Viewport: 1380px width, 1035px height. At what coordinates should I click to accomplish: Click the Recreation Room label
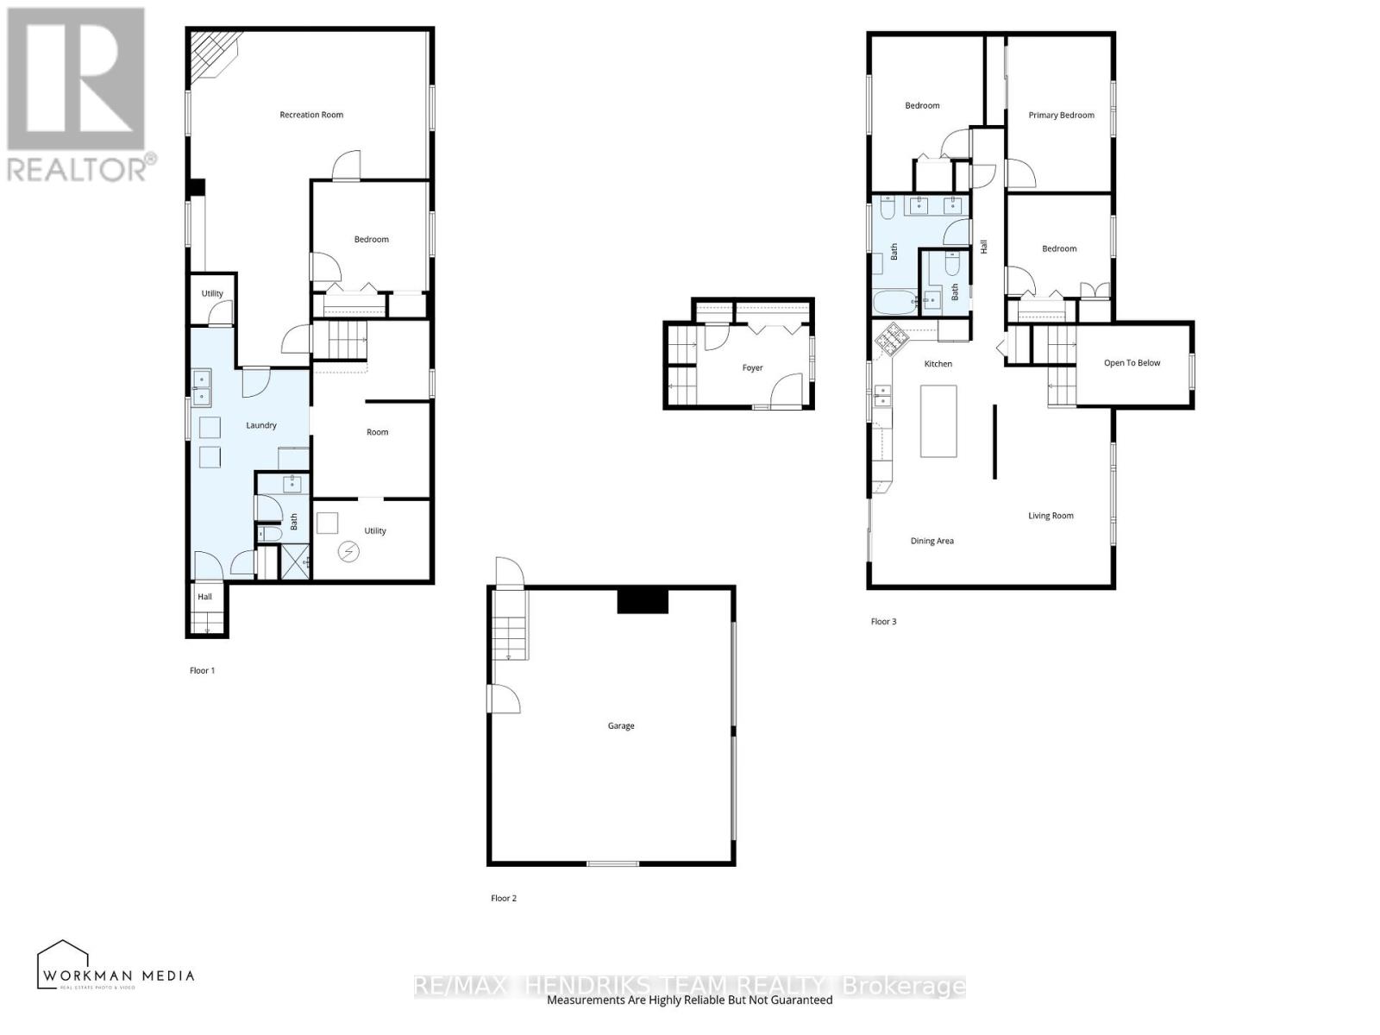point(311,115)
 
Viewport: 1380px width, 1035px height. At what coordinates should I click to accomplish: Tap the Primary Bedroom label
point(1061,115)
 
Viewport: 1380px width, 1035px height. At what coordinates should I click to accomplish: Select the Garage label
point(621,726)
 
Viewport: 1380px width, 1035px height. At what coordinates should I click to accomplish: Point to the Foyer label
point(752,368)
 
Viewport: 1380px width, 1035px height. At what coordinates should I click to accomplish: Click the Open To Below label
point(1132,363)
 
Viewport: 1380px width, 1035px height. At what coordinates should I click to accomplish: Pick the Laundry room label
point(261,425)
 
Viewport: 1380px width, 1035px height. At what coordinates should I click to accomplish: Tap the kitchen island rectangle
point(938,421)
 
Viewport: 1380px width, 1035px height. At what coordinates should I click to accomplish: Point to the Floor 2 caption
point(504,899)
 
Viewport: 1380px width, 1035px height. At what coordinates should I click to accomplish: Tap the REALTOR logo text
point(81,169)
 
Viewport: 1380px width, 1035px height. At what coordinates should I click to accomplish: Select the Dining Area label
point(931,542)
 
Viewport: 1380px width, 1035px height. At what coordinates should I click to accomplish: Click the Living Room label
point(1051,516)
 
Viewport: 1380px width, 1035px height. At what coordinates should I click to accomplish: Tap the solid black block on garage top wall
point(643,600)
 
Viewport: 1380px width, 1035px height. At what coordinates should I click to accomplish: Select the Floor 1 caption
point(202,671)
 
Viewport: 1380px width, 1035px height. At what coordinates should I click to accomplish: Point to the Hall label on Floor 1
point(204,597)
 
